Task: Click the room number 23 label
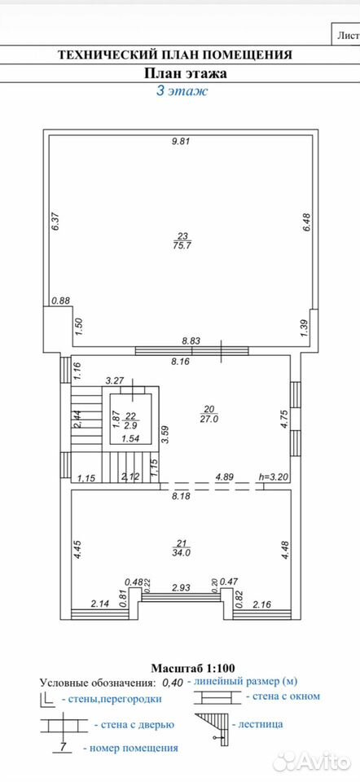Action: click(180, 236)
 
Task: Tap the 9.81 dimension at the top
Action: click(182, 141)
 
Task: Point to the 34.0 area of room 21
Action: click(181, 552)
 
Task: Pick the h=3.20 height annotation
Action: click(273, 477)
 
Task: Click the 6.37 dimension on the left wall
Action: click(56, 221)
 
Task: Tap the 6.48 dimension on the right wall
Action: click(306, 222)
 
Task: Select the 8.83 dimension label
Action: click(191, 341)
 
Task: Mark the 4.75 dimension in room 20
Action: click(283, 418)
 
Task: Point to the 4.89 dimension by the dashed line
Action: click(225, 477)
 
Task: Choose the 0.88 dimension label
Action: click(61, 301)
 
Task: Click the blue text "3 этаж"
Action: click(182, 90)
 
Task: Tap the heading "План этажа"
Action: click(186, 73)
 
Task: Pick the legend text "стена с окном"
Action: click(286, 696)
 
